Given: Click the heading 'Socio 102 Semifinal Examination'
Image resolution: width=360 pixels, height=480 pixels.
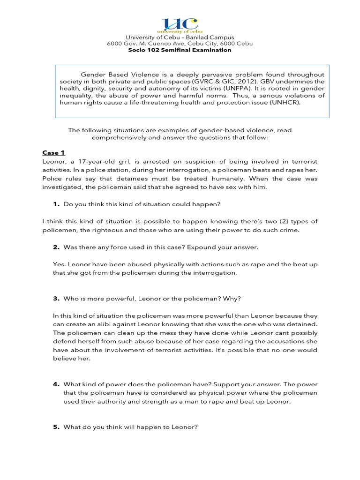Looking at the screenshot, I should point(180,50).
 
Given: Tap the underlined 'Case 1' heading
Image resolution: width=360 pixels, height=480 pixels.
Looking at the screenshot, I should point(51,153).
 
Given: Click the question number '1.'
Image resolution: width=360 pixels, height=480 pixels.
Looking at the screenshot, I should point(56,204).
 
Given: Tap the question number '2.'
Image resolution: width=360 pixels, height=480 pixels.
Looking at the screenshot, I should point(56,247).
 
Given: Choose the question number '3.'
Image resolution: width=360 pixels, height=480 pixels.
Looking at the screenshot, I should point(56,299).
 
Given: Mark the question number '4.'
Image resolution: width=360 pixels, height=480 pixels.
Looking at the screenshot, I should point(56,384).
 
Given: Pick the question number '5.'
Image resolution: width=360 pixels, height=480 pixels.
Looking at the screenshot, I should point(56,427).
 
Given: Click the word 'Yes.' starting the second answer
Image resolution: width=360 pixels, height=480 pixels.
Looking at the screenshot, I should point(60,264).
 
